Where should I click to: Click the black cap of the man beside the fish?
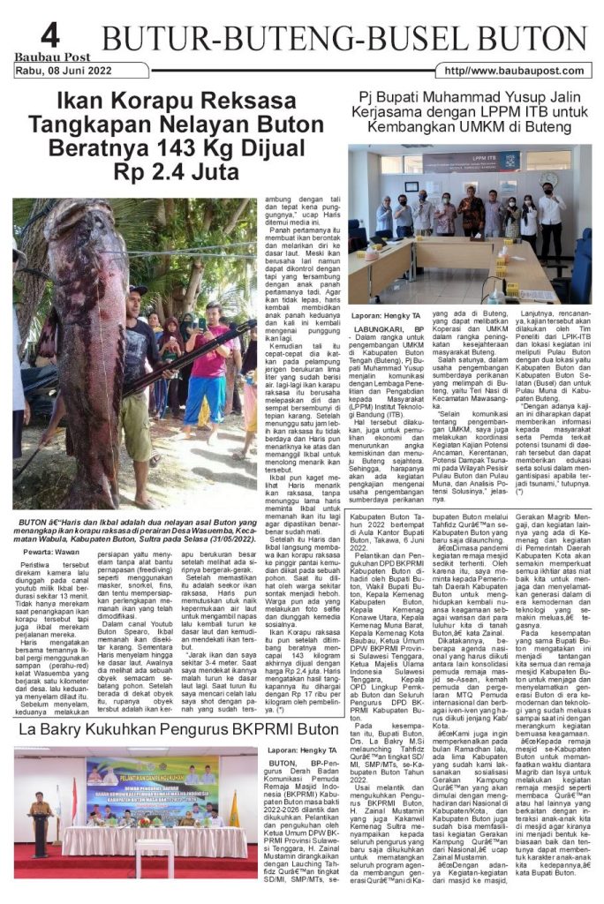point(139,290)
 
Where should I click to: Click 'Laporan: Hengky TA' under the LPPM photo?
point(386,314)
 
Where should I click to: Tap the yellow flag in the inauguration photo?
point(234,810)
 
